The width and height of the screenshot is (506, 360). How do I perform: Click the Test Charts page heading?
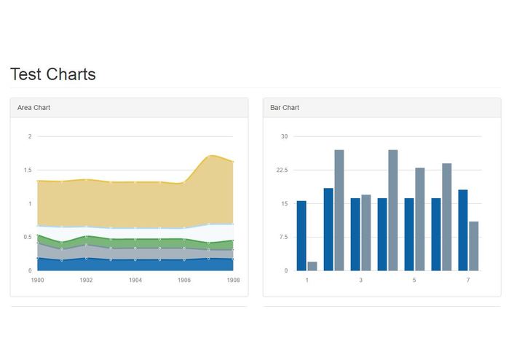(52, 74)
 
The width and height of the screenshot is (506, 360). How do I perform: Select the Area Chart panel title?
(33, 108)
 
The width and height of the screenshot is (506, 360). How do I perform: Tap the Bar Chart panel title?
(285, 108)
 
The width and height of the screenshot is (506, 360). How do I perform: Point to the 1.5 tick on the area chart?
(27, 170)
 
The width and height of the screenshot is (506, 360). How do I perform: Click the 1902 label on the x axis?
(86, 280)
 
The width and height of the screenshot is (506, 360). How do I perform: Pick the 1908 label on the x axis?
(233, 280)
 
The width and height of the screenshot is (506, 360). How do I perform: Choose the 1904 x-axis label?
(135, 280)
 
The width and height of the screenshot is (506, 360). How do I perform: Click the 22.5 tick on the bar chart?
(281, 170)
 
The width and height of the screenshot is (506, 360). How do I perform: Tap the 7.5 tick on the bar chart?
(282, 237)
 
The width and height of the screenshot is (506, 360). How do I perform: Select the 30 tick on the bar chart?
(285, 136)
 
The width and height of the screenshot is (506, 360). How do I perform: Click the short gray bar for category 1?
(312, 266)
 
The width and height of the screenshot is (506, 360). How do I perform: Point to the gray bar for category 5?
(420, 219)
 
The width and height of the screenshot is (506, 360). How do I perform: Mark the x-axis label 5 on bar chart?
(414, 280)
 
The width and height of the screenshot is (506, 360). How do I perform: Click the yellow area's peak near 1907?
(210, 155)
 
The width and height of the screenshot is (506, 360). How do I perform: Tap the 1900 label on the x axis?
(37, 280)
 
